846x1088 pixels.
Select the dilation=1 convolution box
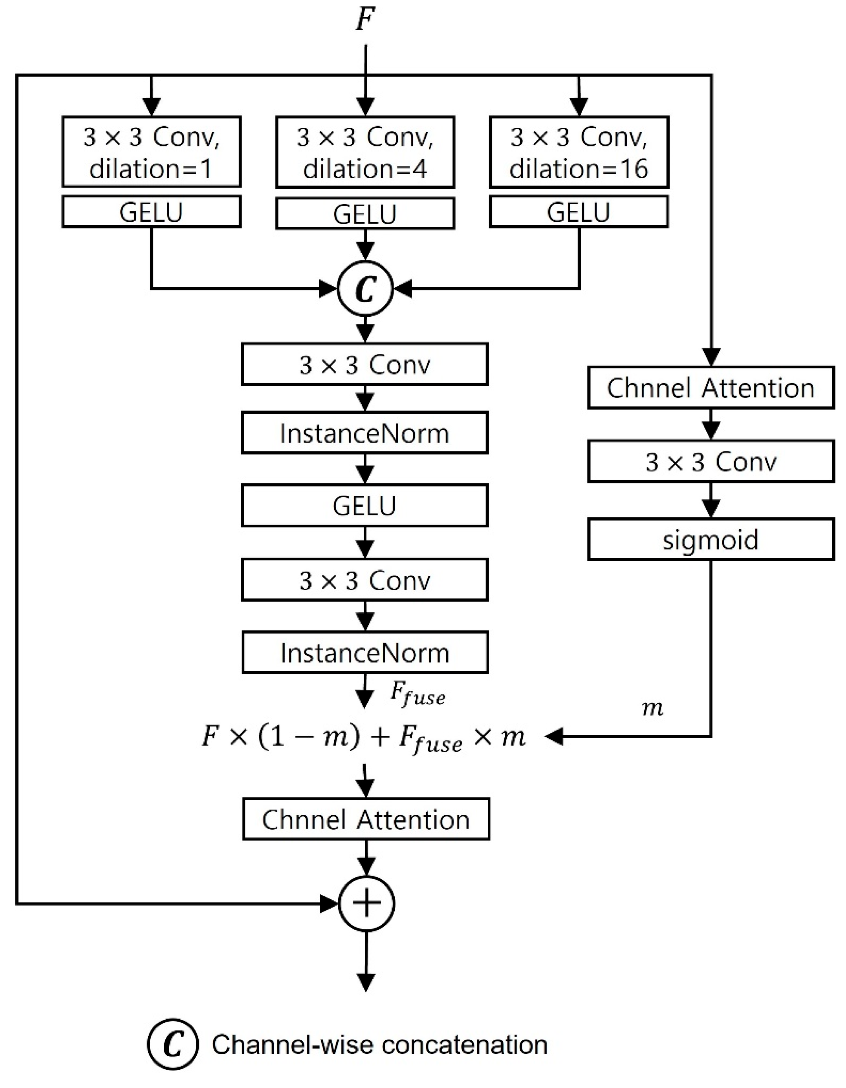click(x=152, y=152)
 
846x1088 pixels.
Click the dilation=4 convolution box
click(x=365, y=152)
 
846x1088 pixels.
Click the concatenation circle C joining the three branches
click(x=365, y=288)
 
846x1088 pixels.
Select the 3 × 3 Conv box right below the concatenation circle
click(x=364, y=364)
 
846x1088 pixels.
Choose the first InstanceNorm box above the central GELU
click(x=364, y=433)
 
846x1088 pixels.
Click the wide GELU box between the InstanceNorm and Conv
click(x=364, y=505)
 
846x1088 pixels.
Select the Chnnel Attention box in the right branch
click(x=710, y=387)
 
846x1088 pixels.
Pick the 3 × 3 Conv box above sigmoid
click(x=710, y=461)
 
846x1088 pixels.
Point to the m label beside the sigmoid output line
click(x=652, y=708)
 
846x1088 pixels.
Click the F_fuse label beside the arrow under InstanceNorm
click(x=417, y=694)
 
